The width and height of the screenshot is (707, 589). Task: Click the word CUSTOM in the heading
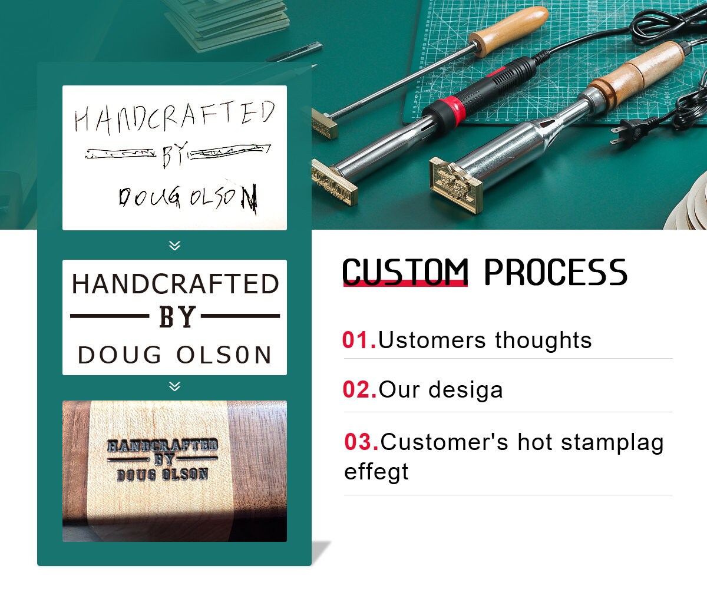click(405, 272)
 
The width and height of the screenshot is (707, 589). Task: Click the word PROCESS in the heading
click(556, 272)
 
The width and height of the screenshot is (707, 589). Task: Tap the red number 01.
click(358, 340)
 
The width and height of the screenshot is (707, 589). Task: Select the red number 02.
click(359, 390)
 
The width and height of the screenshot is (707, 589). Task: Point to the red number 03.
click(361, 442)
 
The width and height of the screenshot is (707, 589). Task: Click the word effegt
click(376, 472)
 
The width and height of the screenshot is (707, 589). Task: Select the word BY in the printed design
click(177, 317)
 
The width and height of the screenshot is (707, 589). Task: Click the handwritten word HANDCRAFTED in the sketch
click(174, 117)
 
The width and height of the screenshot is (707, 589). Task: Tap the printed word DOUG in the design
click(120, 355)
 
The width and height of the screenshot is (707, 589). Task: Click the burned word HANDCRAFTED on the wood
click(162, 446)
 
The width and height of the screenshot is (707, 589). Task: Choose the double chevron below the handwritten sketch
click(174, 245)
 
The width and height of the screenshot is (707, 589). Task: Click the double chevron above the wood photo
click(174, 386)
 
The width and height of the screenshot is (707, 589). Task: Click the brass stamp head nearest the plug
click(455, 184)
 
